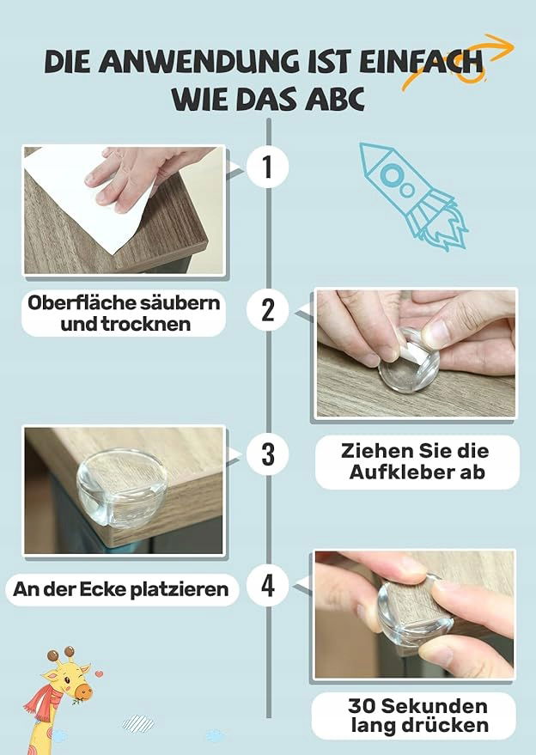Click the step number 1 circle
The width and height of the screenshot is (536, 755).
[x=267, y=167]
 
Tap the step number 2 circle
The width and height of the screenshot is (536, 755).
[x=267, y=310]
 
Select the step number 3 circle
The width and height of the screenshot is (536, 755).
[x=267, y=454]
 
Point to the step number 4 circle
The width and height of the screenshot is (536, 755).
[x=267, y=586]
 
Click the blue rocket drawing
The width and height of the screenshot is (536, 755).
[x=411, y=195]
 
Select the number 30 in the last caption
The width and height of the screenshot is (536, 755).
[x=362, y=706]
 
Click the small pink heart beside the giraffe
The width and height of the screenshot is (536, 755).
[x=99, y=673]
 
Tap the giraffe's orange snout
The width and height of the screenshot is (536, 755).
[x=83, y=692]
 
